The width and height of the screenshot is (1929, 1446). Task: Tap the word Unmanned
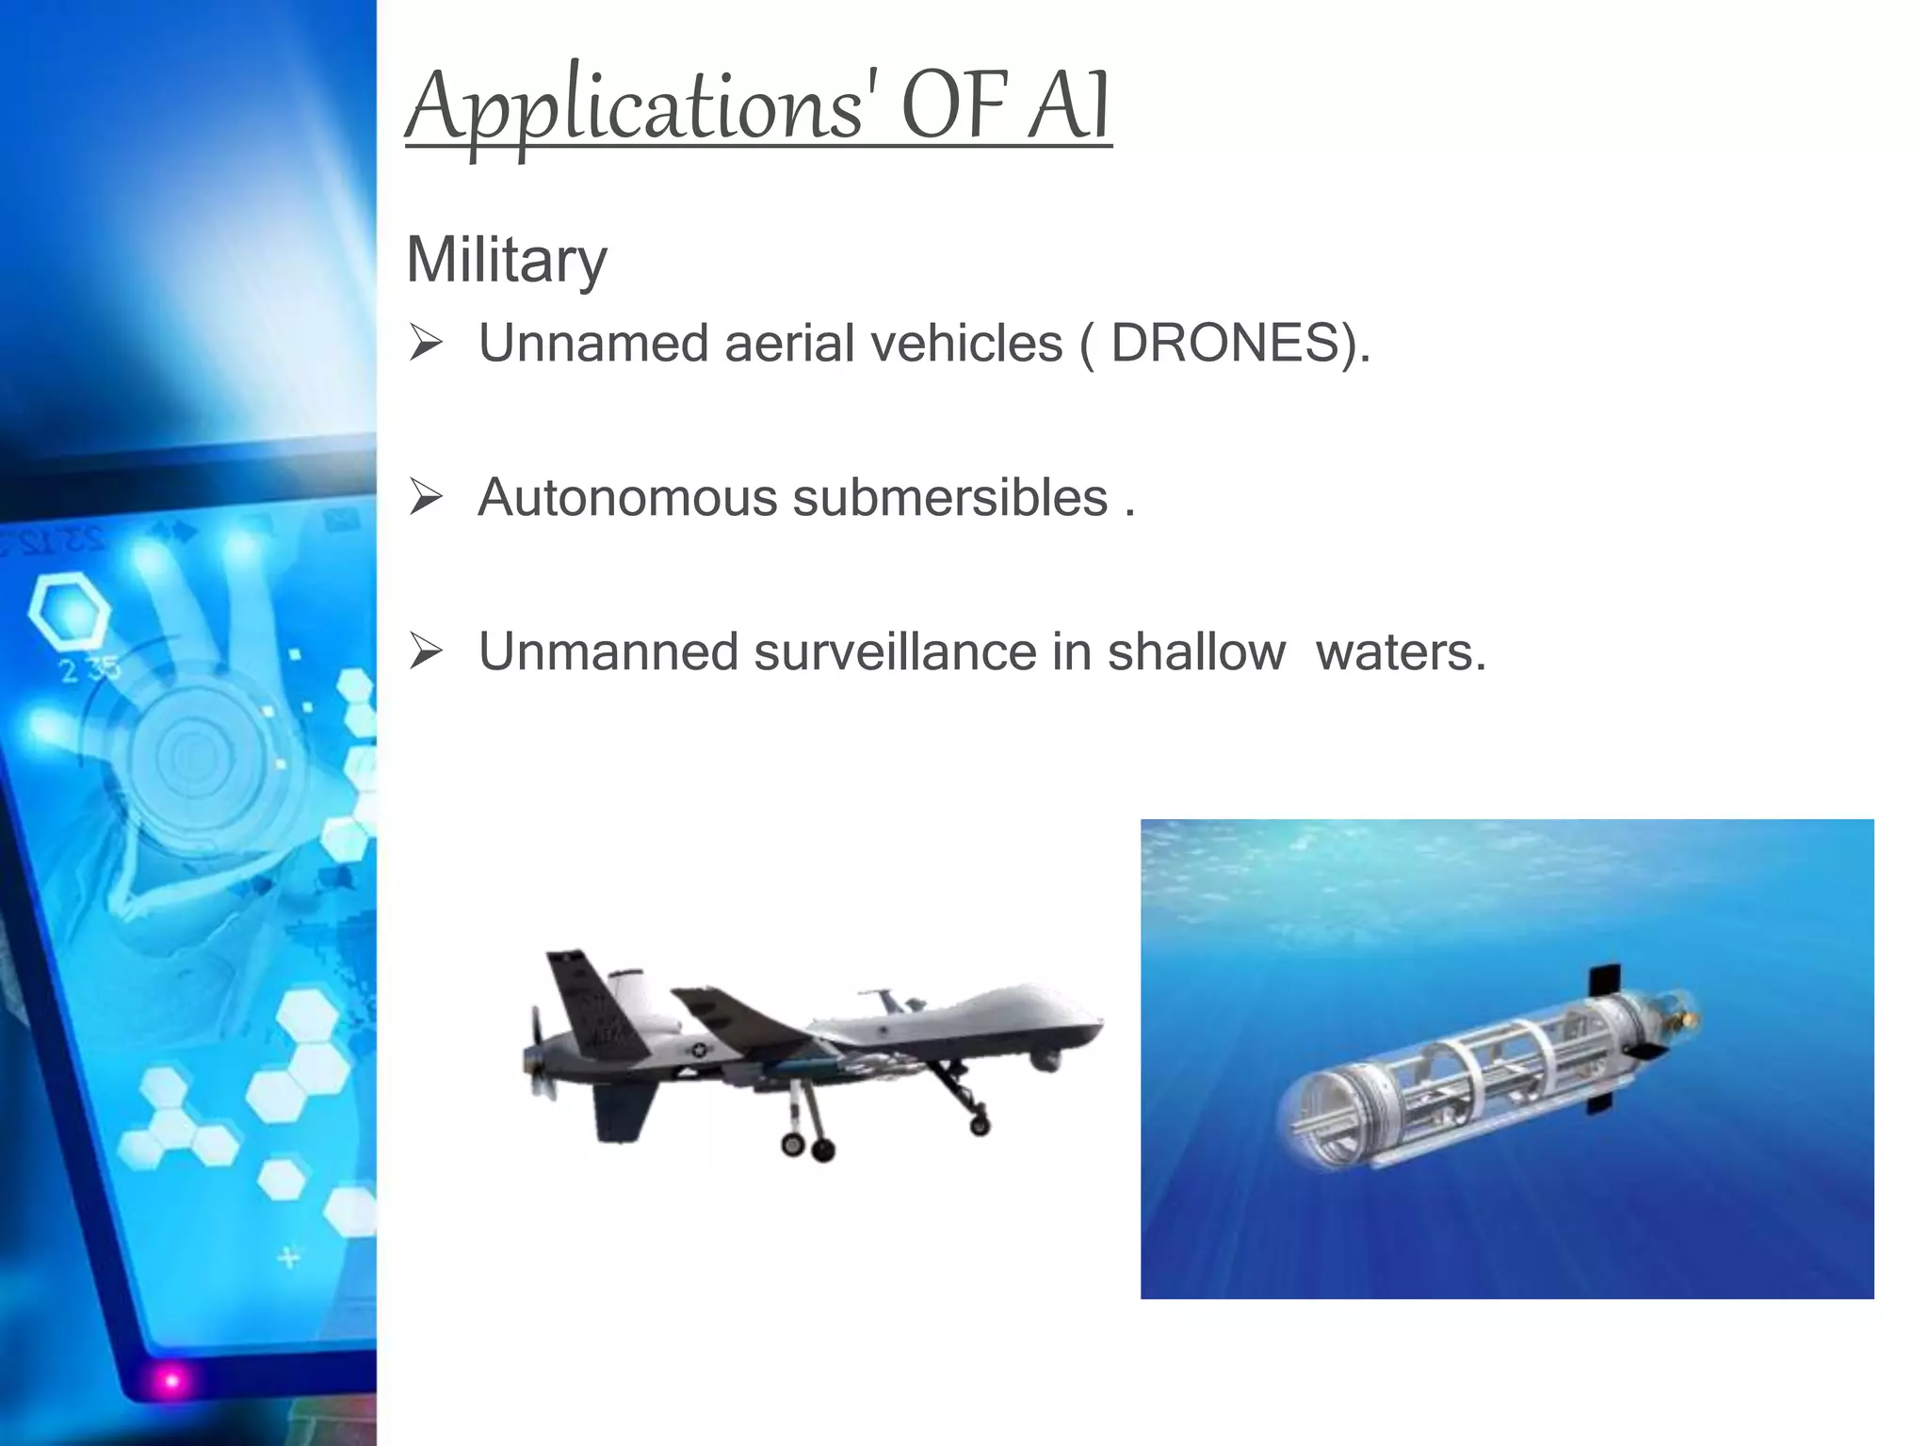[608, 651]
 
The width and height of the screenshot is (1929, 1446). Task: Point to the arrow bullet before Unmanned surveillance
[426, 651]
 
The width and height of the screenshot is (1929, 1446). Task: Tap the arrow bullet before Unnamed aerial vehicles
[426, 343]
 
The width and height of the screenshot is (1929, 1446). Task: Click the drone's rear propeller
[537, 1054]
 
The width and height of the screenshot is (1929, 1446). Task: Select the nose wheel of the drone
[981, 1124]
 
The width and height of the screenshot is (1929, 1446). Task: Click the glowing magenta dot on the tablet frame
[171, 1381]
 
